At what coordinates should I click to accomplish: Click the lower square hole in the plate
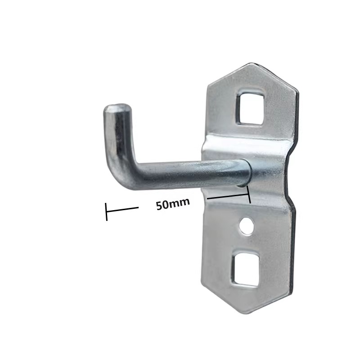tap(246, 269)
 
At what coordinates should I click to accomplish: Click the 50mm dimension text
tap(173, 203)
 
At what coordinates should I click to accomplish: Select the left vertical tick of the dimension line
tap(106, 211)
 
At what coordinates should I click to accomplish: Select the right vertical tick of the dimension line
tap(249, 194)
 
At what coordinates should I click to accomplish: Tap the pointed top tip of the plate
tap(252, 63)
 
